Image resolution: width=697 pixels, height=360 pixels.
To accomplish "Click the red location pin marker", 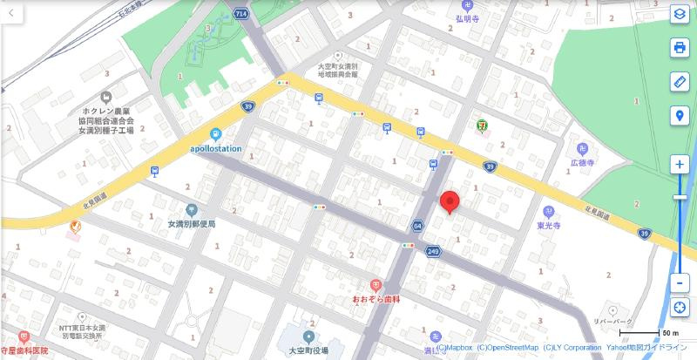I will coord(450,201).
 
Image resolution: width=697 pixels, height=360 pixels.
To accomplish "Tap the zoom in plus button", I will coord(680,165).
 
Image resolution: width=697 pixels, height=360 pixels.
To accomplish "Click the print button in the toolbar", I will coord(680,48).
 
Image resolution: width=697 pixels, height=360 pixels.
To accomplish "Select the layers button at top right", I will coord(680,14).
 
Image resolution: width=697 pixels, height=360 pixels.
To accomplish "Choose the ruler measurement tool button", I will coord(680,82).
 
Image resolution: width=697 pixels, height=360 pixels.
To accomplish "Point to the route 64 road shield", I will coord(417,225).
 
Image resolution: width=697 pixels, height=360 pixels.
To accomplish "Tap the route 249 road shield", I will coord(432,251).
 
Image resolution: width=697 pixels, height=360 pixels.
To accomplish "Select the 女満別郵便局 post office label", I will coord(192,223).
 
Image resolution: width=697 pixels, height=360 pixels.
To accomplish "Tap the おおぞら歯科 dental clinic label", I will coord(376,299).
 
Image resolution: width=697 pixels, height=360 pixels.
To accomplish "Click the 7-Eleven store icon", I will coord(482,125).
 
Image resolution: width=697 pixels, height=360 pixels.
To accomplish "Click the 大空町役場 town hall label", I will coord(308,350).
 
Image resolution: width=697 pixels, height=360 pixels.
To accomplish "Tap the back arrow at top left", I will coord(11,12).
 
